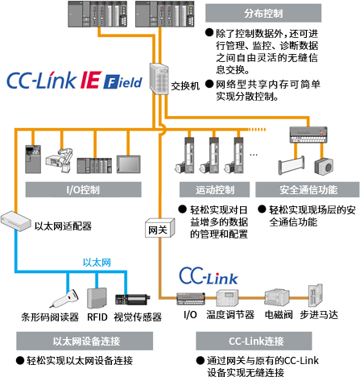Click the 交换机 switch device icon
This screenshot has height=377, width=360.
coord(159,79)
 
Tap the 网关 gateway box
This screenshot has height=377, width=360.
coord(160,228)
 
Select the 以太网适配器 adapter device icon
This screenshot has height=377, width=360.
coord(15,221)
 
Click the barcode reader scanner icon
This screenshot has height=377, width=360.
coord(64,298)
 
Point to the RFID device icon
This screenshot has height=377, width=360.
coord(97,298)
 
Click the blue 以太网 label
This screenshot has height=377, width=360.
coord(97,263)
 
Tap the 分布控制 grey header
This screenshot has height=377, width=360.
coord(263,13)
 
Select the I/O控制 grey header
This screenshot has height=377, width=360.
coord(83,190)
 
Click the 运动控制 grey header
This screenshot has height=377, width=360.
coord(214,190)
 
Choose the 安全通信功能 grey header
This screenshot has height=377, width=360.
coord(308,190)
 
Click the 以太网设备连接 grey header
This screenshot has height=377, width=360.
coord(85,341)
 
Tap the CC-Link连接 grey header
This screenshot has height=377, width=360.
coord(254,341)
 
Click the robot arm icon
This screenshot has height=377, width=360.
coord(60,160)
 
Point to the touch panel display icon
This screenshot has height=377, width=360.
coord(129,164)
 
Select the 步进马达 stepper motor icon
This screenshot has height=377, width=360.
coord(316,296)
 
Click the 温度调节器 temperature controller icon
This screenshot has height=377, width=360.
coord(227,298)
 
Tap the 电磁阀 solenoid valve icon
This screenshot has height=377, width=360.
coord(277,297)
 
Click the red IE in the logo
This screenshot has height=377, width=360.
coord(91,80)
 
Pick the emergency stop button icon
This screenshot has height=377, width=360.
coord(324,167)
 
